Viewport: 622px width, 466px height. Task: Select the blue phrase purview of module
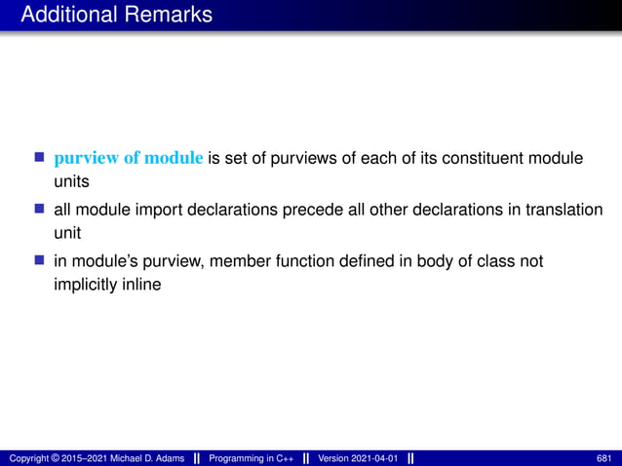[x=129, y=159]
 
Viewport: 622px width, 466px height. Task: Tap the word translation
[x=566, y=211]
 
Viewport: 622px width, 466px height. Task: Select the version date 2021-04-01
[x=373, y=458]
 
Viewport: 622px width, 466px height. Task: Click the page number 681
[x=603, y=458]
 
